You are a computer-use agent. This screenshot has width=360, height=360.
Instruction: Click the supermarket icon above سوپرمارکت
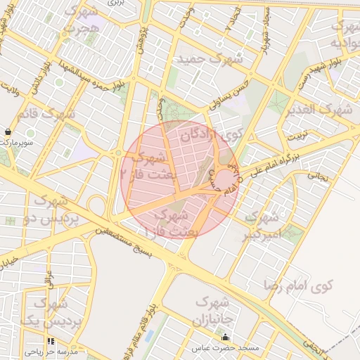pos(8,131)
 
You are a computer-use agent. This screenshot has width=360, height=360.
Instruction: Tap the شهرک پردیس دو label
pos(56,210)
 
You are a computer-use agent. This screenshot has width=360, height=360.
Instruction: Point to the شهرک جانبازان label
pos(212,311)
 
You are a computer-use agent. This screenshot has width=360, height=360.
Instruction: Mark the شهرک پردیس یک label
pos(49,313)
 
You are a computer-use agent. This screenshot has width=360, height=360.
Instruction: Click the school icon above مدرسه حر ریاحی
pos(51,342)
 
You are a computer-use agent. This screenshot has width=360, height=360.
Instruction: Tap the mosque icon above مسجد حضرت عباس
pos(226,338)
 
